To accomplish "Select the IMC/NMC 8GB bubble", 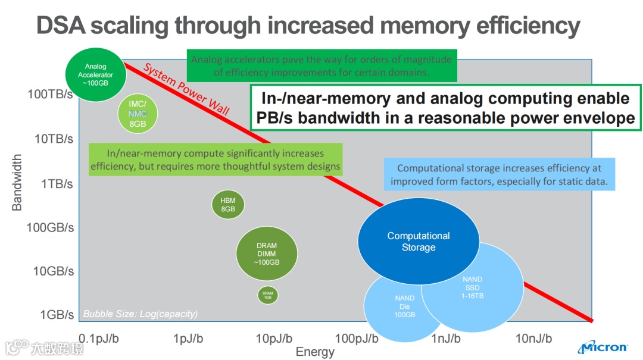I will pyautogui.click(x=138, y=114).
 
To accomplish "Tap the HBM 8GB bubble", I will pyautogui.click(x=228, y=205).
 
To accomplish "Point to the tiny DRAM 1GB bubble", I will pyautogui.click(x=268, y=294).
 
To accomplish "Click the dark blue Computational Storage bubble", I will pyautogui.click(x=419, y=242).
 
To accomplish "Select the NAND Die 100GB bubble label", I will pyautogui.click(x=404, y=306).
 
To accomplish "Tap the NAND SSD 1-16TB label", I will pyautogui.click(x=473, y=287).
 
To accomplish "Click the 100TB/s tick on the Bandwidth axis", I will pyautogui.click(x=50, y=94).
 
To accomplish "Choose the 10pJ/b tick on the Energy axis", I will pyautogui.click(x=274, y=339).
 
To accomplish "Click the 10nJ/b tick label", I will pyautogui.click(x=533, y=339).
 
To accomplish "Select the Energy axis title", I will pyautogui.click(x=315, y=352).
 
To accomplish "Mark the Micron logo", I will pyautogui.click(x=603, y=347).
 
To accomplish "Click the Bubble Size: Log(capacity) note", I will pyautogui.click(x=141, y=314).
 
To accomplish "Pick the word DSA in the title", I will pyautogui.click(x=61, y=26).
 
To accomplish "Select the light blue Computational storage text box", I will pyautogui.click(x=500, y=175).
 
